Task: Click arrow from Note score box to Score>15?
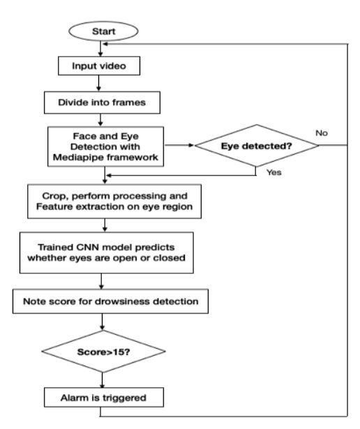point(103,325)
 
